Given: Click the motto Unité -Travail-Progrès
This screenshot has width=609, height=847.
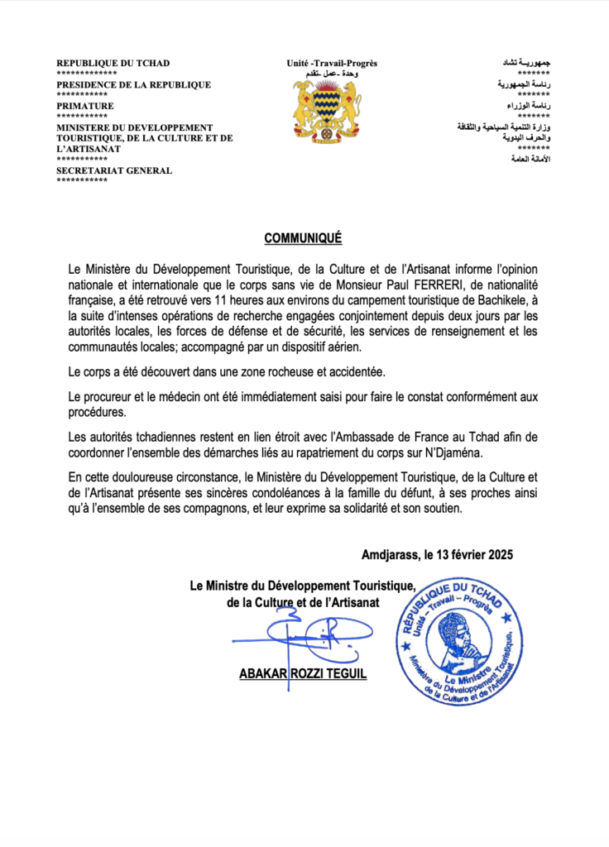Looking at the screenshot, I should (332, 63).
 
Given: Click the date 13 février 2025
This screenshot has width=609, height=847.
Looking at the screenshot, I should (469, 555).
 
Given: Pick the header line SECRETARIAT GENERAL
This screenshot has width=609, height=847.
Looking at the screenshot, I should (114, 170).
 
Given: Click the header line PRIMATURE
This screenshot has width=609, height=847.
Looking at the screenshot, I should (85, 106).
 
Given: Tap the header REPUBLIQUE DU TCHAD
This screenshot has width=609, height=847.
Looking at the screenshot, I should (113, 63).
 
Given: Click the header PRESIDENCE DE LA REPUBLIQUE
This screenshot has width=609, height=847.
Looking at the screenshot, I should (133, 84).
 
